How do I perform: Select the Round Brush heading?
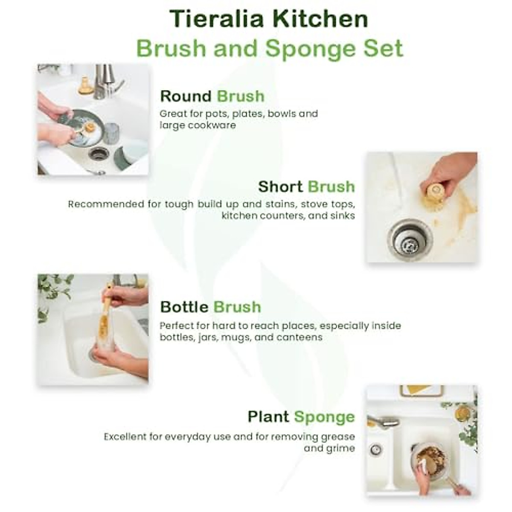click(x=212, y=96)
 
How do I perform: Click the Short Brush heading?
click(x=306, y=187)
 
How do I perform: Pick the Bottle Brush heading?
click(x=210, y=307)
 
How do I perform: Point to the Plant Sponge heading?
click(x=301, y=417)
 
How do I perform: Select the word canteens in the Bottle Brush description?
click(x=299, y=337)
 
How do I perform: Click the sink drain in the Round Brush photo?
click(x=99, y=154)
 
